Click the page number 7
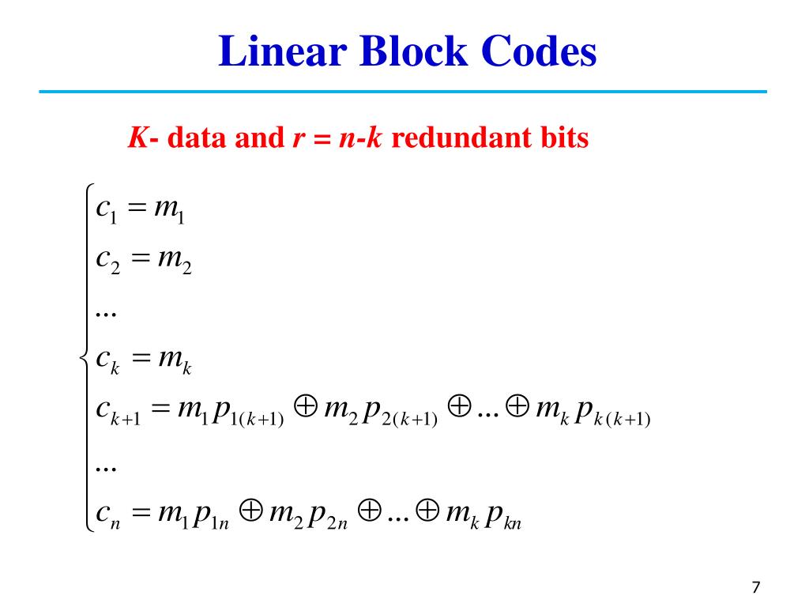(756, 587)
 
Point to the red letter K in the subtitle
(137, 139)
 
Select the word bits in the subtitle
(563, 139)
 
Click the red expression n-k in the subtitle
(359, 139)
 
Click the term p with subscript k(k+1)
(612, 414)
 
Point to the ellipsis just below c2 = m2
(105, 313)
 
